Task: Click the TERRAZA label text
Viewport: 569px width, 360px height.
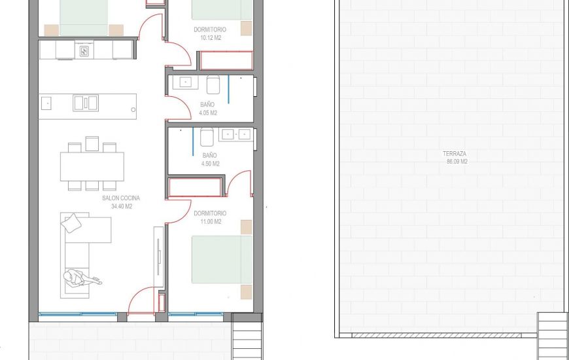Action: click(455, 154)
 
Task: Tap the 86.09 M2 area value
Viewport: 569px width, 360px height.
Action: click(457, 162)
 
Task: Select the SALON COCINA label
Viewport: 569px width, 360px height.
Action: click(121, 198)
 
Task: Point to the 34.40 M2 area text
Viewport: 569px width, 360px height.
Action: click(122, 206)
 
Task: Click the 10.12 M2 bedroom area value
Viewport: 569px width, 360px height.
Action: click(211, 38)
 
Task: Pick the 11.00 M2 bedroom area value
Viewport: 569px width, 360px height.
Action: click(211, 222)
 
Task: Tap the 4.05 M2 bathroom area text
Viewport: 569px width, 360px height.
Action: click(208, 113)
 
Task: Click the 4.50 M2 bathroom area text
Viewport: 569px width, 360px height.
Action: click(211, 164)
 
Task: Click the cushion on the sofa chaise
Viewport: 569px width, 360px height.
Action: click(71, 223)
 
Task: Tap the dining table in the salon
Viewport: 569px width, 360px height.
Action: click(92, 166)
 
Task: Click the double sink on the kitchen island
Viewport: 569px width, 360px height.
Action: click(86, 103)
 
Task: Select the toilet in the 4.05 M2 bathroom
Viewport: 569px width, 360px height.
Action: click(213, 84)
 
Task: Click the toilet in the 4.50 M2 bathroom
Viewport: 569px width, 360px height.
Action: click(207, 137)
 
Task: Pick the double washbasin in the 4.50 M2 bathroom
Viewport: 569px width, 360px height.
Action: click(236, 134)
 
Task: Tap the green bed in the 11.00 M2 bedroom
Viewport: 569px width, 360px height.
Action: click(222, 259)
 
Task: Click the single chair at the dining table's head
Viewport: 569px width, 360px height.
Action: click(92, 144)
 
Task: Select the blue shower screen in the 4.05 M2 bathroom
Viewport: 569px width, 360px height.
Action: click(229, 90)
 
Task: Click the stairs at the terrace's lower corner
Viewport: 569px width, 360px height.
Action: click(553, 336)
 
